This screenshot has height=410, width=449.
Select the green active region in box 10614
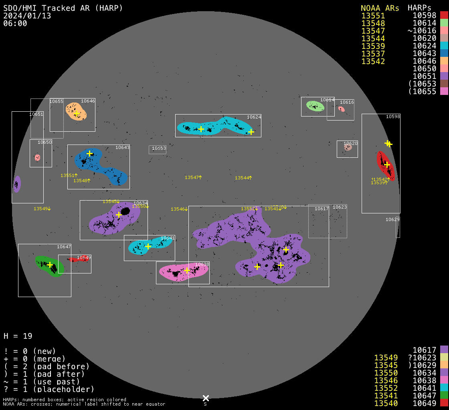pyautogui.click(x=315, y=106)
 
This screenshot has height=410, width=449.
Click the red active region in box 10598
pyautogui.click(x=386, y=166)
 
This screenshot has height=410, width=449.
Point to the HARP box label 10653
pyautogui.click(x=159, y=149)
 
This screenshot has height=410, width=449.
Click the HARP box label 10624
pyautogui.click(x=254, y=117)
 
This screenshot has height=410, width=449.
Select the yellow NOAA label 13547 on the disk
pyautogui.click(x=193, y=177)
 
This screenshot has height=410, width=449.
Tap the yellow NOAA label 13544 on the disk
pyautogui.click(x=243, y=178)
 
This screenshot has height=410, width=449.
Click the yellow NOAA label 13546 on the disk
pyautogui.click(x=179, y=209)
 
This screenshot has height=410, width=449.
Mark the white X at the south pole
pyautogui.click(x=206, y=398)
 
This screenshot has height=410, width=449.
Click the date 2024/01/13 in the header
pyautogui.click(x=27, y=16)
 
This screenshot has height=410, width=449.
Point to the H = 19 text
pyautogui.click(x=18, y=336)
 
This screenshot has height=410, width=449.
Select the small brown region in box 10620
pyautogui.click(x=348, y=147)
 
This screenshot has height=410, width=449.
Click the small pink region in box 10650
pyautogui.click(x=37, y=158)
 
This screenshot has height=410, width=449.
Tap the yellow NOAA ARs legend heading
pyautogui.click(x=380, y=8)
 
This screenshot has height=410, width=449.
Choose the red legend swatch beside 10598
pyautogui.click(x=444, y=16)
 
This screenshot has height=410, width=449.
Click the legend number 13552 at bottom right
pyautogui.click(x=386, y=388)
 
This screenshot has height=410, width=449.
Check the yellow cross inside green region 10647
pyautogui.click(x=50, y=265)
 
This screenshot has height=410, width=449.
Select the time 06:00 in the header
pyautogui.click(x=15, y=24)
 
